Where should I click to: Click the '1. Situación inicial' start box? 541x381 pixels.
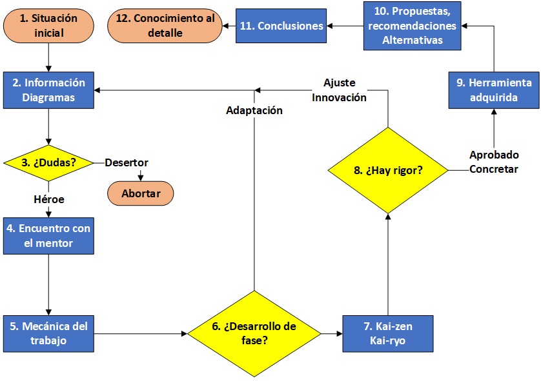point(48,26)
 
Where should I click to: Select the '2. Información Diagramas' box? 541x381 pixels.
point(48,90)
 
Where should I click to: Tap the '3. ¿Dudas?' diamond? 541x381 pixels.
point(48,162)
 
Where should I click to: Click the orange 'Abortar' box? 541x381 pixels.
point(140,193)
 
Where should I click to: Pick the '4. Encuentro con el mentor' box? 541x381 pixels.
point(48,235)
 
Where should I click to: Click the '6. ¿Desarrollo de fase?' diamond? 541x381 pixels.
point(254,333)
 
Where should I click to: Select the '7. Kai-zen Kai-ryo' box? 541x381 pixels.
point(388,333)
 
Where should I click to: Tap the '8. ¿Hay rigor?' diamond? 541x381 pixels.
point(388,171)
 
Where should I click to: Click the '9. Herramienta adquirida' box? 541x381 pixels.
point(494,90)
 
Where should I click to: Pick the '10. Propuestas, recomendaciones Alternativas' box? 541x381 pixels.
point(413,26)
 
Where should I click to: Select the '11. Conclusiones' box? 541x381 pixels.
point(281,26)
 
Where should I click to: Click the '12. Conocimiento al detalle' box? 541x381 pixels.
point(165,26)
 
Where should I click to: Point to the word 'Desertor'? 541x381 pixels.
point(127,162)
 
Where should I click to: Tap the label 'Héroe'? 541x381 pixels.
point(49,199)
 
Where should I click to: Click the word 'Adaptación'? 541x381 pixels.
point(254,110)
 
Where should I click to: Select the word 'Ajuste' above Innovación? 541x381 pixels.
point(340,83)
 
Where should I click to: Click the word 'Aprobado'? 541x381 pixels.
point(494,155)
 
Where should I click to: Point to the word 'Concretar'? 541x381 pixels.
point(494,169)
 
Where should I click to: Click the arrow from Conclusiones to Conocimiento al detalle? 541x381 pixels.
point(229,26)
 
